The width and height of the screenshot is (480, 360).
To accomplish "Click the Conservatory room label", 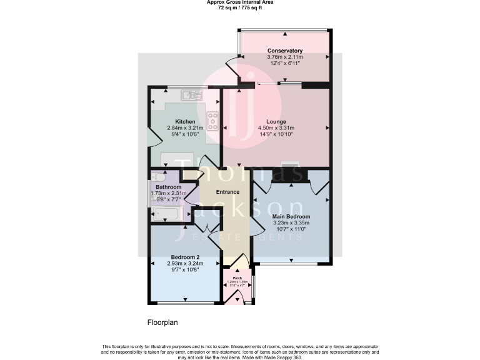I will tap(285, 51).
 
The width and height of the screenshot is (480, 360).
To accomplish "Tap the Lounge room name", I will tap(276, 121).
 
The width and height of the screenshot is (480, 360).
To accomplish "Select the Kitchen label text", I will tap(185, 121).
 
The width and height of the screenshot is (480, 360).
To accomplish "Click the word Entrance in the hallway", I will tap(227, 192).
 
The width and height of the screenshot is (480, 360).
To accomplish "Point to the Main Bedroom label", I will tap(291, 216).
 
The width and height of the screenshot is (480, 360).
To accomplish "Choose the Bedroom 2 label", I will tap(185, 257).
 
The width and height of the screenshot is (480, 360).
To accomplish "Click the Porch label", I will tap(237, 278).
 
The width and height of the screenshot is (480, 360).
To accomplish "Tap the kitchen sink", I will tap(191, 95).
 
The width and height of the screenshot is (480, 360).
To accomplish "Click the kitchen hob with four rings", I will tap(211, 121).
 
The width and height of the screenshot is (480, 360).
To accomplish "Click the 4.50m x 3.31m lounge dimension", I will tap(276, 127).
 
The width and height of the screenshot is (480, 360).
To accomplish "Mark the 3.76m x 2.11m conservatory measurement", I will tap(285, 57).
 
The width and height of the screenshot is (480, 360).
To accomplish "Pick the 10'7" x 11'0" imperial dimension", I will tap(291, 229).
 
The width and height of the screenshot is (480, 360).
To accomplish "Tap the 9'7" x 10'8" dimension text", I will tap(185, 269).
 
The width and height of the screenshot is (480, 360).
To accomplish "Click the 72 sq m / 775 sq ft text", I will tap(240, 7).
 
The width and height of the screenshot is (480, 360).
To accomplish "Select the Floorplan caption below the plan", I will tap(162, 322).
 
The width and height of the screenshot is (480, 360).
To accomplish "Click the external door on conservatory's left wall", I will tap(232, 63).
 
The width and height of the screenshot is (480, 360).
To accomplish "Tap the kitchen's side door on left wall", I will tap(151, 136).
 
